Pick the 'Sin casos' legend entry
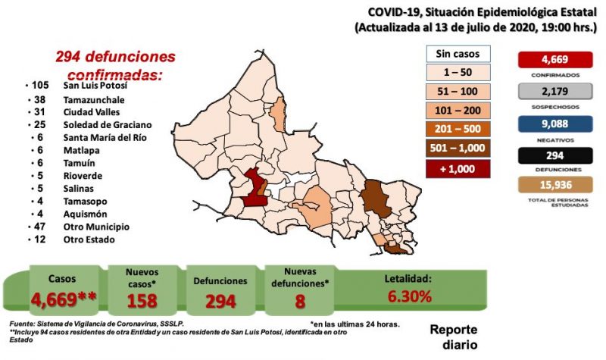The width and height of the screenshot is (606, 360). click(x=458, y=55)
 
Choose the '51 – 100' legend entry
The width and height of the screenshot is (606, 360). click(x=458, y=92)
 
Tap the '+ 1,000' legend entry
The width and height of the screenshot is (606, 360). click(x=458, y=168)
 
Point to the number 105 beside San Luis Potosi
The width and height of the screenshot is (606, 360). click(x=39, y=87)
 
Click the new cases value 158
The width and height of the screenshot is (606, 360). click(x=142, y=299)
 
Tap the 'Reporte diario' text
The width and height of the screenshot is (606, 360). click(x=454, y=337)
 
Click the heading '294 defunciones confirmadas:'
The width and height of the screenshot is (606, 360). click(x=114, y=66)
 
